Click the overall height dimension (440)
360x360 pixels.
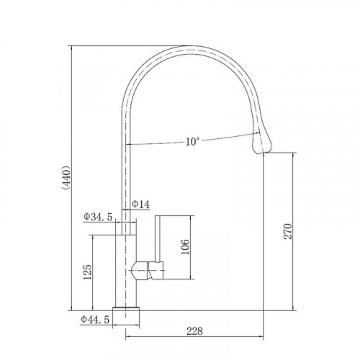tap(66, 177)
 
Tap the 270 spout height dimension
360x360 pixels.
tap(288, 231)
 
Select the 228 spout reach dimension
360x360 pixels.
tap(194, 331)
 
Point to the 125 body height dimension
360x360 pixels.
tap(87, 272)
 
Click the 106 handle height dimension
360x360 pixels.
tap(185, 247)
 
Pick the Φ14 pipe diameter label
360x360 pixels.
tap(140, 204)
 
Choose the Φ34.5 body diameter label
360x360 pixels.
tap(98, 217)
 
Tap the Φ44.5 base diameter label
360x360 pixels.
tap(95, 320)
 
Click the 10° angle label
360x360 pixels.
tap(192, 142)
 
